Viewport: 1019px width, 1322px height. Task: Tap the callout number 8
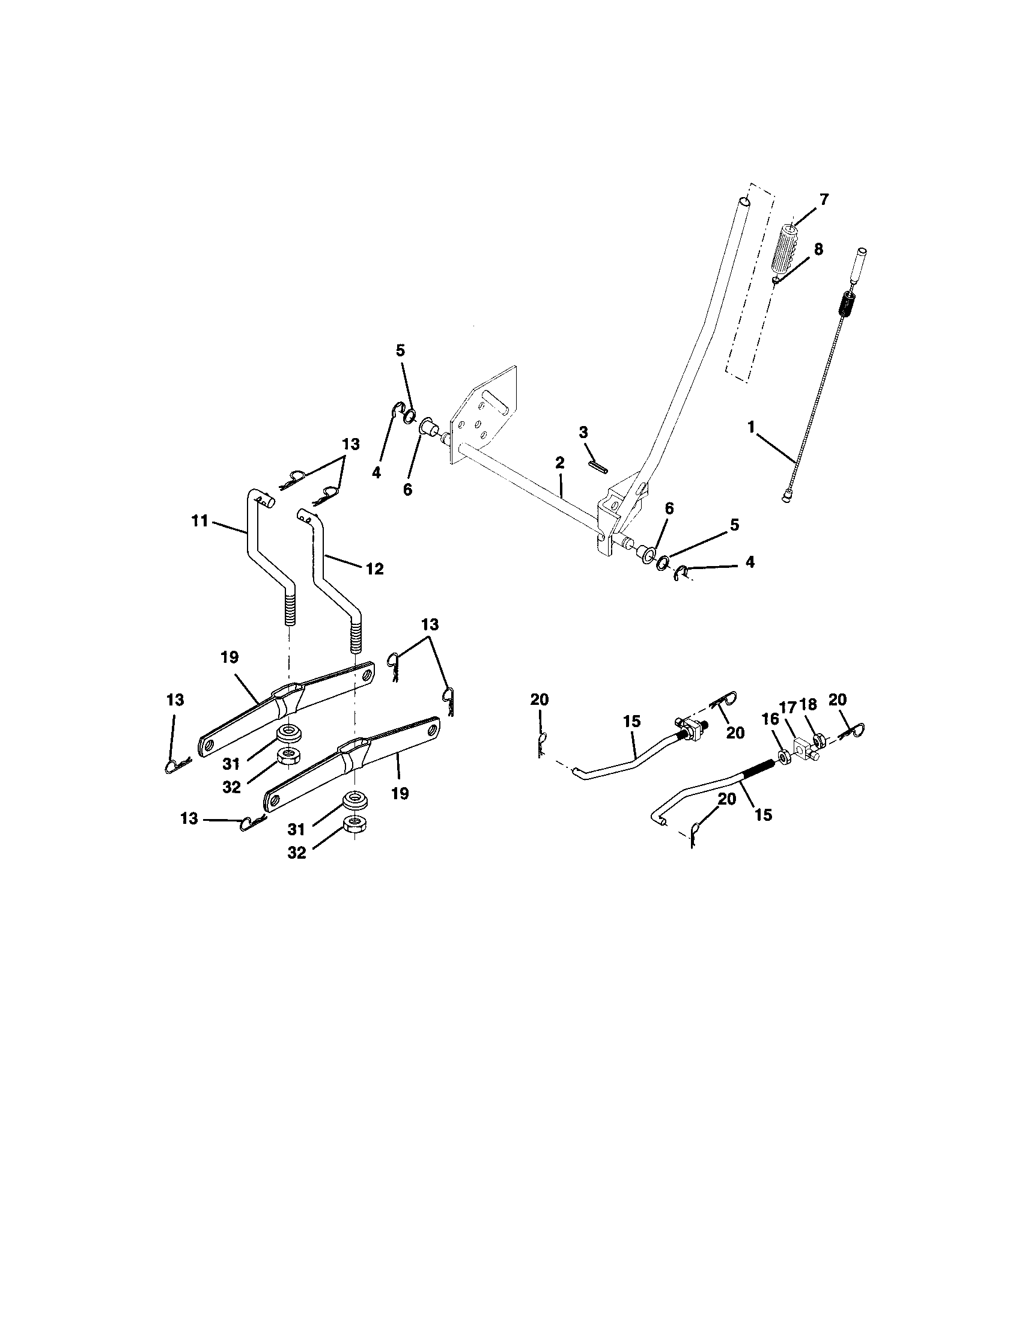[x=818, y=249]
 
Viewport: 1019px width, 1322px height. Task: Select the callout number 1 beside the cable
[x=751, y=427]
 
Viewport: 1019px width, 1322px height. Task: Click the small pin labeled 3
[x=598, y=466]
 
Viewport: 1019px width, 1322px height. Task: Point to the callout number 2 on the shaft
[x=559, y=463]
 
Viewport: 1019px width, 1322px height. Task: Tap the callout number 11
[x=199, y=520]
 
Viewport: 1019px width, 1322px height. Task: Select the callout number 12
[x=374, y=568]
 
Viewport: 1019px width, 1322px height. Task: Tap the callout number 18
[x=808, y=704]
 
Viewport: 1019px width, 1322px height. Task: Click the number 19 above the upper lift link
[x=230, y=657]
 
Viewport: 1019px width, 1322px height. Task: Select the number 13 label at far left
[x=175, y=699]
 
